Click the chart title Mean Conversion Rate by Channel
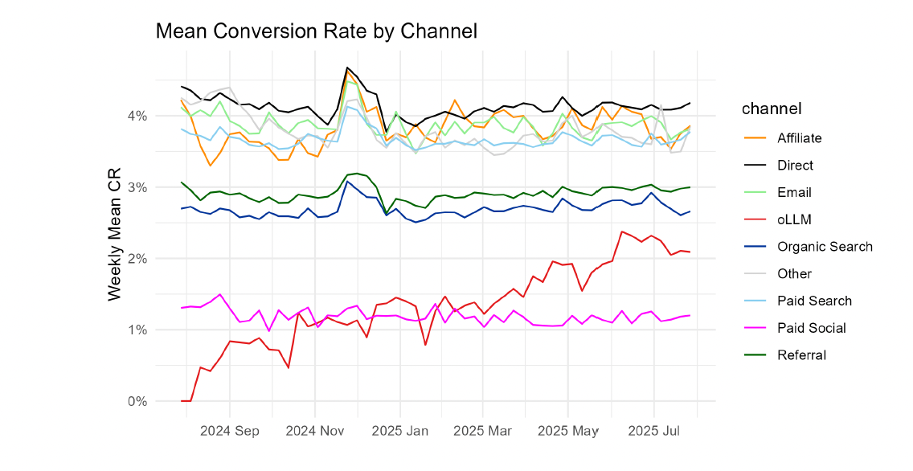(316, 31)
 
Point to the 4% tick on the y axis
(137, 116)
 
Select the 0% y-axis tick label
(137, 401)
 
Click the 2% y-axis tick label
(137, 258)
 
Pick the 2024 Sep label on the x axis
(230, 431)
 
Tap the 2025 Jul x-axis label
(653, 431)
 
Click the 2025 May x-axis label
(567, 431)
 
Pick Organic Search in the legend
(824, 247)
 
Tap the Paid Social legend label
(812, 328)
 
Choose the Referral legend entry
(801, 355)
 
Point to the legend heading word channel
(770, 108)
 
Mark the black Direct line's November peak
(347, 68)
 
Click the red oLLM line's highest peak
(622, 231)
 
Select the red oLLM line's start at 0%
(182, 400)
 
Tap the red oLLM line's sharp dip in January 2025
(425, 346)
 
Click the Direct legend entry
(796, 165)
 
